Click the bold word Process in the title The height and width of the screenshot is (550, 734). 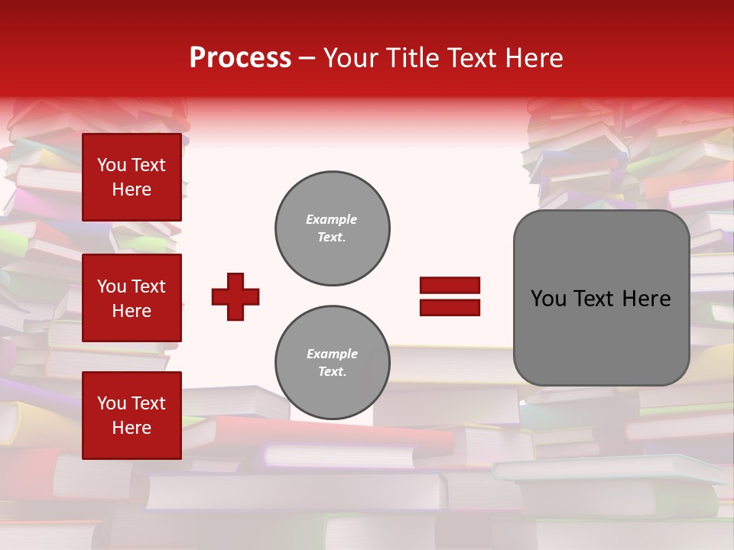pos(240,58)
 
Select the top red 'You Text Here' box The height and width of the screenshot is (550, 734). pos(132,177)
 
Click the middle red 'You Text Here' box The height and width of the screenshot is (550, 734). pos(132,298)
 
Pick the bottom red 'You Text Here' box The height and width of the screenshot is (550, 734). pos(132,416)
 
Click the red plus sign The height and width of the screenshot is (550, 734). pos(235,296)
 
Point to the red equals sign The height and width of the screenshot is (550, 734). pos(450,296)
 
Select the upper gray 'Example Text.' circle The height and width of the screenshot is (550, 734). pos(333,228)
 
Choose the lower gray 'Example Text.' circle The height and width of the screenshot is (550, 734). pos(333,362)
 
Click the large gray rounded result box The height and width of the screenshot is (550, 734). pos(601,298)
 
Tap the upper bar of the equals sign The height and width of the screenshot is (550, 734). pos(450,286)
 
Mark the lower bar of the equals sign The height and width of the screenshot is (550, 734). pos(450,307)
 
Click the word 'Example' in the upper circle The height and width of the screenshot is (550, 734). pos(332,219)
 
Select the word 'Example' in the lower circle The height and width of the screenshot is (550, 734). pos(332,354)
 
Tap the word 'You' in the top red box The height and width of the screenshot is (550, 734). pos(112,165)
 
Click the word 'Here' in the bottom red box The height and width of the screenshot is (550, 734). pos(132,428)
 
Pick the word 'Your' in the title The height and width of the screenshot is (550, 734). pos(351,58)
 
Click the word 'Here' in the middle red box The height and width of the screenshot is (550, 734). pos(132,311)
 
